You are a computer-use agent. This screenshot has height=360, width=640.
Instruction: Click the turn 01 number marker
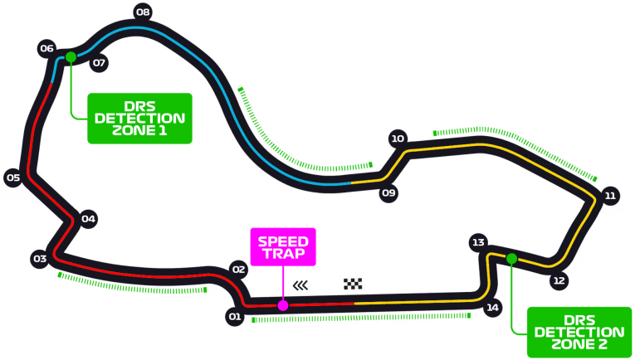pos(235,316)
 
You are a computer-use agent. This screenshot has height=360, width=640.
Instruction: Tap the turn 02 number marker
pos(239,270)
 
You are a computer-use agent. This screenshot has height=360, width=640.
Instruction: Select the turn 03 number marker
pos(40,259)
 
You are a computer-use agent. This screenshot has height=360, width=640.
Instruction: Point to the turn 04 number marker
pos(88,219)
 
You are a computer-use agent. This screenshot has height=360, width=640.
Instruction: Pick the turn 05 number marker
pos(13,177)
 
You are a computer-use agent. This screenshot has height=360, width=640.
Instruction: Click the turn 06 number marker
pos(46,48)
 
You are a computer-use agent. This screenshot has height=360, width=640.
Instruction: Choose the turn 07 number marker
pos(99,63)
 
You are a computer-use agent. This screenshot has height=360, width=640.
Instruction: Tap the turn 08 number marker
pos(143,12)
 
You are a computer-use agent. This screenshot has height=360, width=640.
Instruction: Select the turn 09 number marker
pos(388,193)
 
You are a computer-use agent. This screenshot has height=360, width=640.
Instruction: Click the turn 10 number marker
pos(398,139)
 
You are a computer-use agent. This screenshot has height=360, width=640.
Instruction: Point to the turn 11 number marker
pos(610,196)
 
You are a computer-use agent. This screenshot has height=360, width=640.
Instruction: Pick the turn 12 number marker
pos(559,281)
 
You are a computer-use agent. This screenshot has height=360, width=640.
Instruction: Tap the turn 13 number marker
pos(478,242)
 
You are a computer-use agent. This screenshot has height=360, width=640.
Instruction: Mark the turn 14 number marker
pos(493,308)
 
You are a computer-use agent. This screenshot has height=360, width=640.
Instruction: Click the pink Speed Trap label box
pos(283,246)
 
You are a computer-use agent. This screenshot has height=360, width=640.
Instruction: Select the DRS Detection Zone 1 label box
pos(140,119)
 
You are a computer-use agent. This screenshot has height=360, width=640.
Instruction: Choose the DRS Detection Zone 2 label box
pos(579,332)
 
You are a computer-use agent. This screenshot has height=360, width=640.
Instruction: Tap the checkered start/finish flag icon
pos(354,285)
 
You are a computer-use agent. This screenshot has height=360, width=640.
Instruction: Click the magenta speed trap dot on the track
pos(283,305)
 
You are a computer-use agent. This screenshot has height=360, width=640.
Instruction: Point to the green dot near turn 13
pos(511,259)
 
